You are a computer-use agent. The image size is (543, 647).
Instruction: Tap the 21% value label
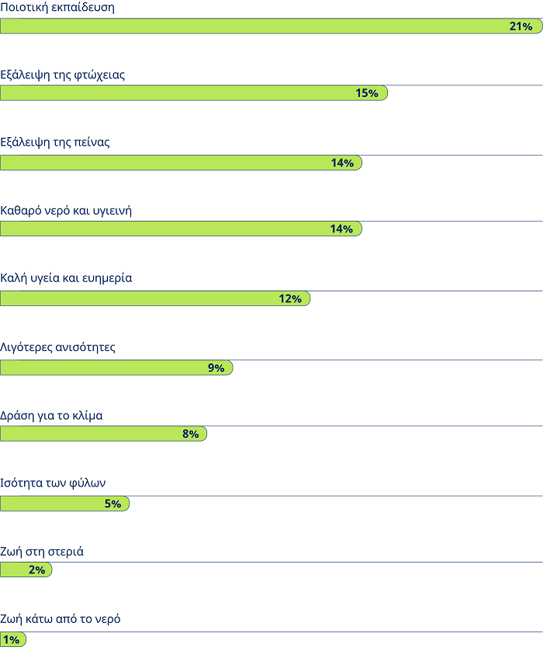[521, 26]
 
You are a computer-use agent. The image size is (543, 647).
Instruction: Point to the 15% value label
[367, 93]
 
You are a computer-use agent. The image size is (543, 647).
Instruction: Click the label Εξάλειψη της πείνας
[55, 143]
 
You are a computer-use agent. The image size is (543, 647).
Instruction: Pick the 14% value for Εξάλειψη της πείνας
[342, 163]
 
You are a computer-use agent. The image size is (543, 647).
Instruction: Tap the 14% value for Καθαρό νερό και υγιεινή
[342, 229]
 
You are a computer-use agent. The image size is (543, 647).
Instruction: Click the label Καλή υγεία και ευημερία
[66, 277]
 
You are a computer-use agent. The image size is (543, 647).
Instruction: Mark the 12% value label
[290, 298]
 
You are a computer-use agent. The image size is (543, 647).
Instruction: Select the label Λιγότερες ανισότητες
[57, 347]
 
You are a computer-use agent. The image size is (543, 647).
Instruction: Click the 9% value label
[216, 368]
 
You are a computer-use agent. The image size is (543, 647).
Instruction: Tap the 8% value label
[190, 434]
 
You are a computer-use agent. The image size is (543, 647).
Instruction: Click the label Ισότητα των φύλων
[53, 483]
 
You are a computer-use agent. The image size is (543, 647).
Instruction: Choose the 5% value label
[112, 504]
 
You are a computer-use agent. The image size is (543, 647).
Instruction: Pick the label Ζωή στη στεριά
[42, 552]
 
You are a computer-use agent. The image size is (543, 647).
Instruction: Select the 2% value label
[36, 570]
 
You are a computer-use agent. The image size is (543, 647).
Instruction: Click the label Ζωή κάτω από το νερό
[61, 619]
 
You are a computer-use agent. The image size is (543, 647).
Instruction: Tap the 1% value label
[12, 639]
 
